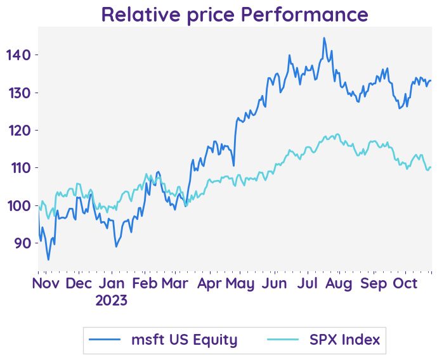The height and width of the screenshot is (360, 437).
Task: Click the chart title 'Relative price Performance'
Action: tap(234, 14)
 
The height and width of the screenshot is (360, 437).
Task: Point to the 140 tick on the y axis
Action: tap(18, 55)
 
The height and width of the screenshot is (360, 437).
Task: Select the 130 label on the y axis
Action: tap(18, 93)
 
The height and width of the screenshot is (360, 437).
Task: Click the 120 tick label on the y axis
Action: tap(18, 130)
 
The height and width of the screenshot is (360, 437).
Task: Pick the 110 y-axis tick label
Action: tap(18, 168)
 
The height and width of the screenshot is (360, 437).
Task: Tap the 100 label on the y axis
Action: tap(18, 205)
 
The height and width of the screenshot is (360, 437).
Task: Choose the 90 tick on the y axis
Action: tap(22, 243)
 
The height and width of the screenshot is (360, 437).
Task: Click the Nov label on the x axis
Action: tap(46, 283)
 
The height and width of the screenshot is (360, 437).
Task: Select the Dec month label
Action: tap(79, 283)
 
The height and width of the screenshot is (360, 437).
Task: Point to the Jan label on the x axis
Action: tap(112, 283)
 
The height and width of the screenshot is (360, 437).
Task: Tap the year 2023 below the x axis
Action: tap(112, 300)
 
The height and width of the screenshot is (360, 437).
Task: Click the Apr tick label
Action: tap(209, 283)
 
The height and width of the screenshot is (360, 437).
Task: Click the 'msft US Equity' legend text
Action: tap(184, 340)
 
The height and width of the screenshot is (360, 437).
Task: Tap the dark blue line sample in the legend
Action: tap(105, 340)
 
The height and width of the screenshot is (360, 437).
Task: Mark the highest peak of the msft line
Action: tap(324, 38)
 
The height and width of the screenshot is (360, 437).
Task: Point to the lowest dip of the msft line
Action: tap(48, 259)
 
